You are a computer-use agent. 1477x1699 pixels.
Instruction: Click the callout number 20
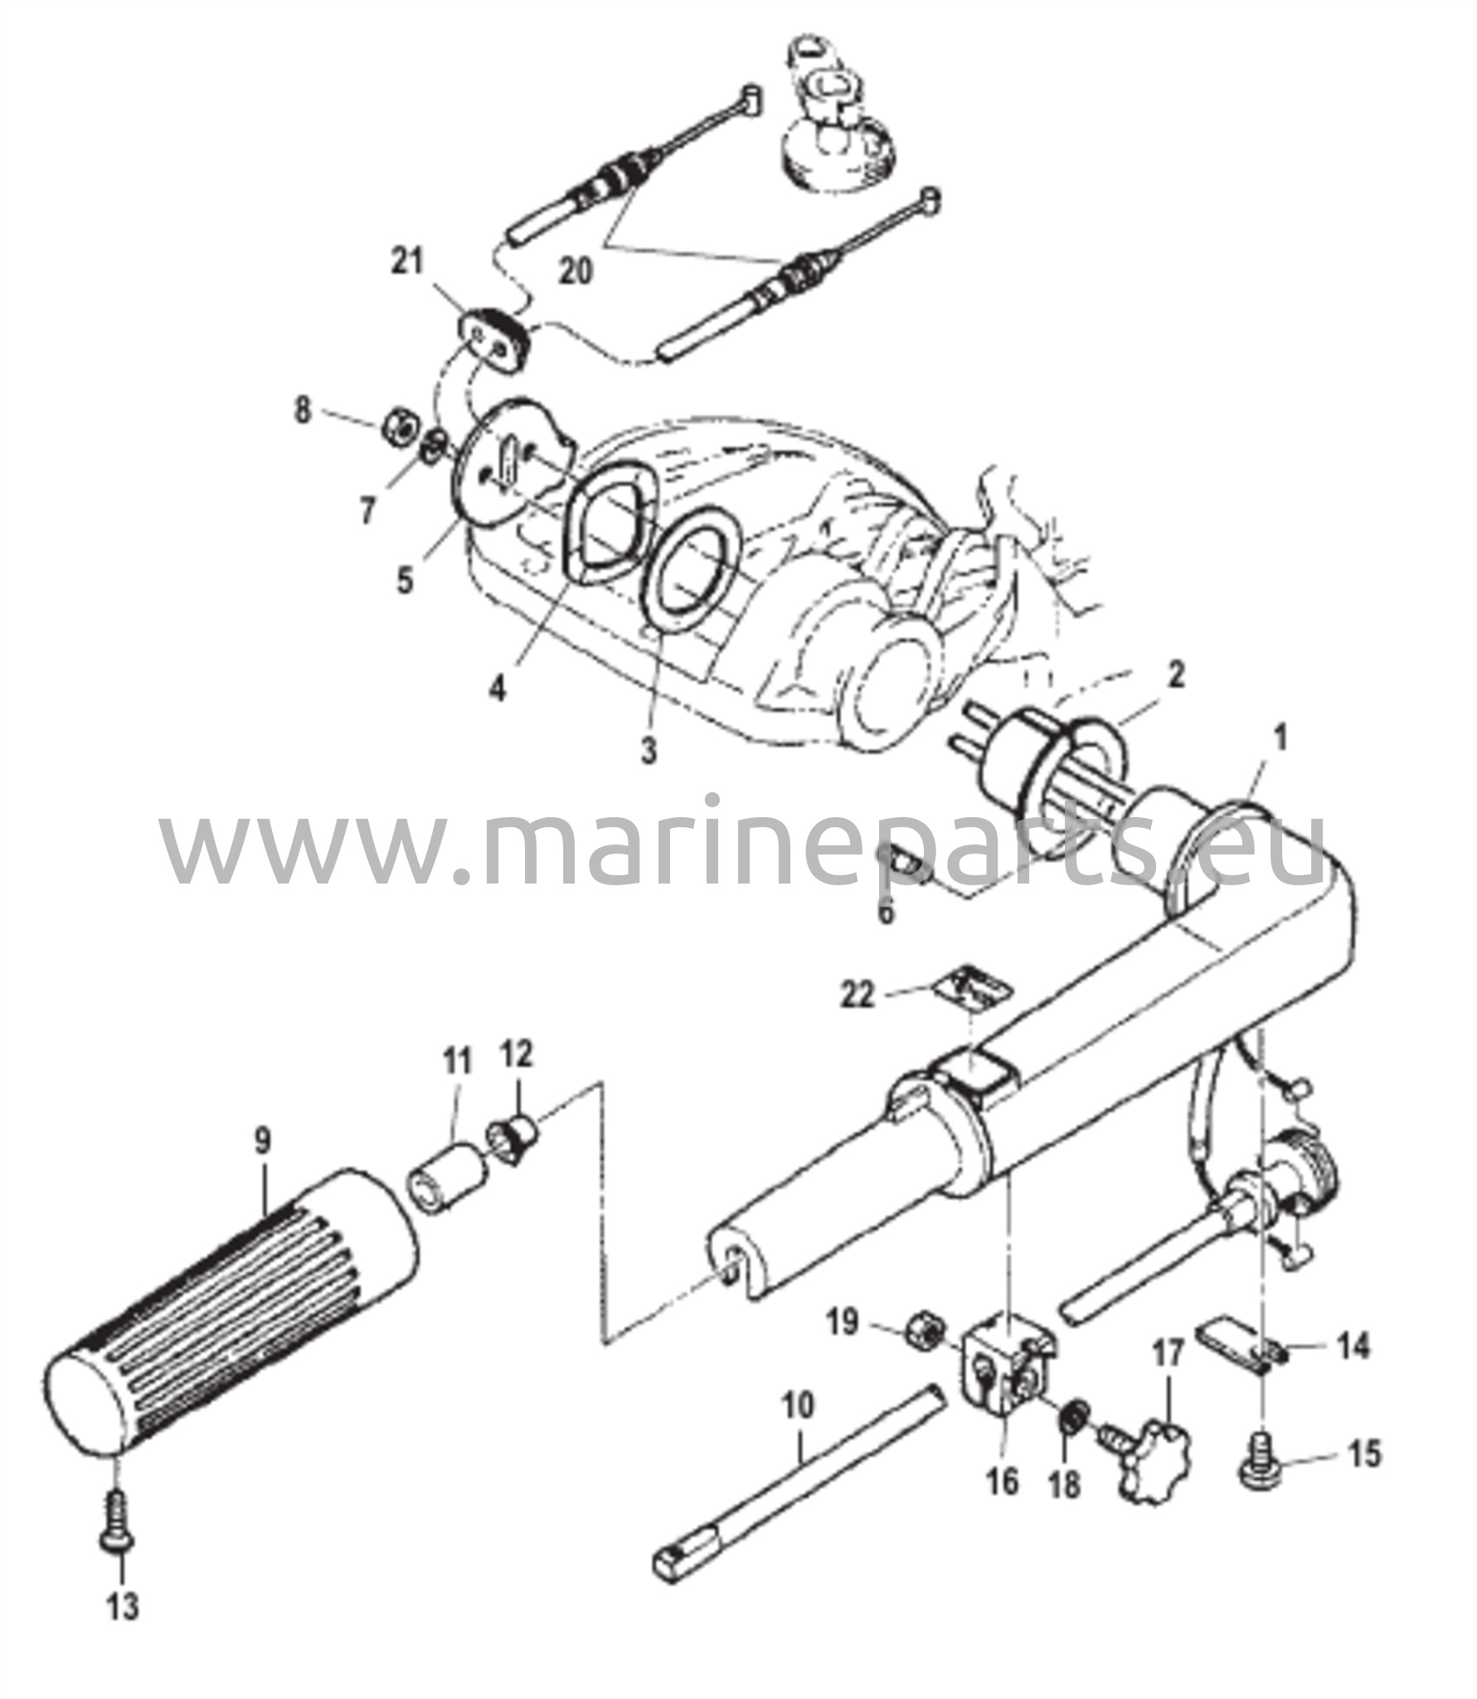[575, 270]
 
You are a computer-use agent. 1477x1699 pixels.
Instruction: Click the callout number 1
[1280, 737]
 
